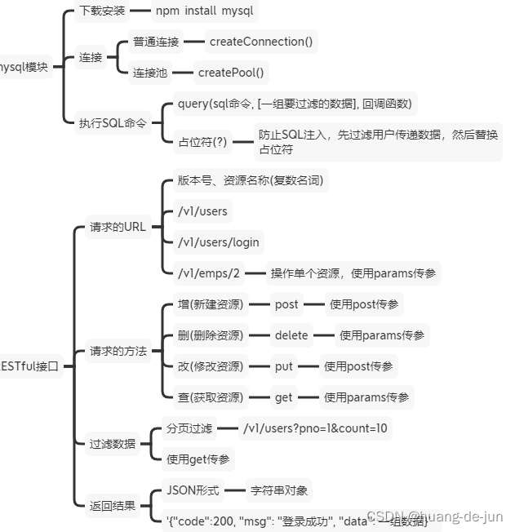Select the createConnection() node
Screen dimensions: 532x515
pos(261,40)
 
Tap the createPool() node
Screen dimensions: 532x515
pos(232,73)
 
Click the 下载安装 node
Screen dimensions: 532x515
pos(102,12)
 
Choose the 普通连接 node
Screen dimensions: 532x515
pos(155,40)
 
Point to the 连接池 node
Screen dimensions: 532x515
pos(149,73)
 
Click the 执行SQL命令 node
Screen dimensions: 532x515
pos(113,123)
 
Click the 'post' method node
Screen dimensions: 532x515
pos(286,304)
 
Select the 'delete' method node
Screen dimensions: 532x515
pos(291,335)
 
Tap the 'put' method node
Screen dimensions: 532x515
pos(283,366)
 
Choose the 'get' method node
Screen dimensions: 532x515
pos(283,397)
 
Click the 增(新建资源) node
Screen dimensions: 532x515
pos(210,304)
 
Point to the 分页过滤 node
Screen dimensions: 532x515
pos(189,428)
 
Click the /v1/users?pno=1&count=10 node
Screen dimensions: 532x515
pos(314,428)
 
